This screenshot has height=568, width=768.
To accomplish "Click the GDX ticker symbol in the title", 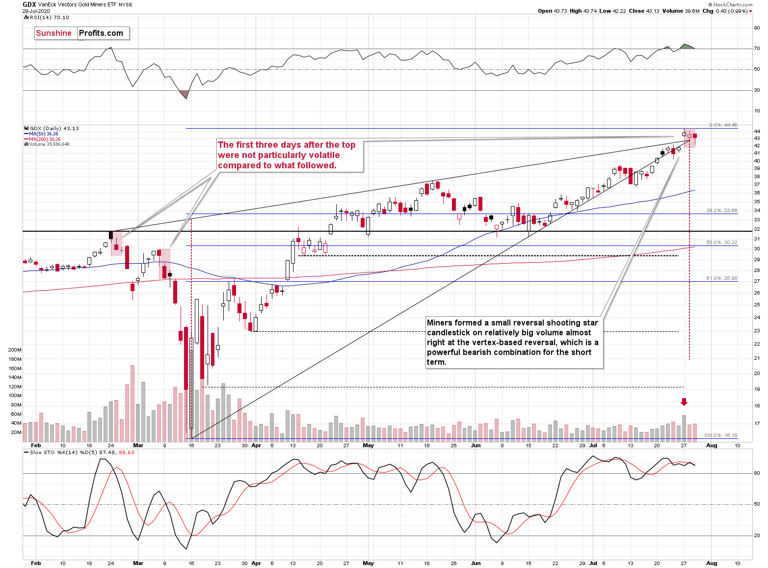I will coord(29,4).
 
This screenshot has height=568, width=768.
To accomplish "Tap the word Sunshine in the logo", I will coord(54,33).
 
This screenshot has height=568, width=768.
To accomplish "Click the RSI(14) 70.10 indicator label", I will coord(49,18).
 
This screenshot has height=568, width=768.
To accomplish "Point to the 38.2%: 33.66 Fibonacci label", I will coord(721,211).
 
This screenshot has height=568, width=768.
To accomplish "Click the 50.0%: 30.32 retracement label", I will coord(721,243).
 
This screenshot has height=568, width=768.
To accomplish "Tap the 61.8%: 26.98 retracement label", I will coord(721,278).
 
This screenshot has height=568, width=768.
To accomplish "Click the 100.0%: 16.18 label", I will coord(720,435).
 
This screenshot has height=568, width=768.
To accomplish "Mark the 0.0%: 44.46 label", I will coord(723,125).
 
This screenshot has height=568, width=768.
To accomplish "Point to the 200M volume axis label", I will coord(15,350).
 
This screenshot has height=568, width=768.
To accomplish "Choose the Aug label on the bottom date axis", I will coord(711,563).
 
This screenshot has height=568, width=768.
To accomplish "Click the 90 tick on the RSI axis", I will coord(757,28).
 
